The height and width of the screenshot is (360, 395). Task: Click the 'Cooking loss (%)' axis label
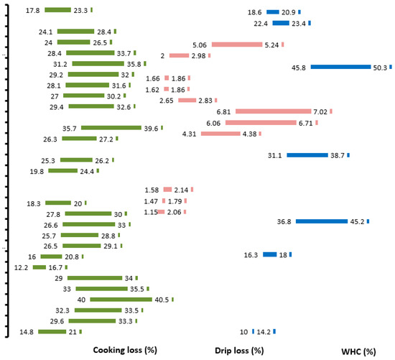pyautogui.click(x=126, y=350)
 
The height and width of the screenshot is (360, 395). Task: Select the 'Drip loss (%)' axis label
pyautogui.click(x=239, y=350)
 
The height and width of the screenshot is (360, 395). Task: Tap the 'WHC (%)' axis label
pyautogui.click(x=359, y=351)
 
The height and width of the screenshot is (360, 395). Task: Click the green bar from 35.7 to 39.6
pyautogui.click(x=111, y=128)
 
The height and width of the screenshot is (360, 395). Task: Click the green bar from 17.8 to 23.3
pyautogui.click(x=57, y=11)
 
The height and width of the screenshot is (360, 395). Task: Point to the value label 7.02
pyautogui.click(x=320, y=111)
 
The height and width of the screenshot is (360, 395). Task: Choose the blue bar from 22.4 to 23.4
pyautogui.click(x=281, y=23)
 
